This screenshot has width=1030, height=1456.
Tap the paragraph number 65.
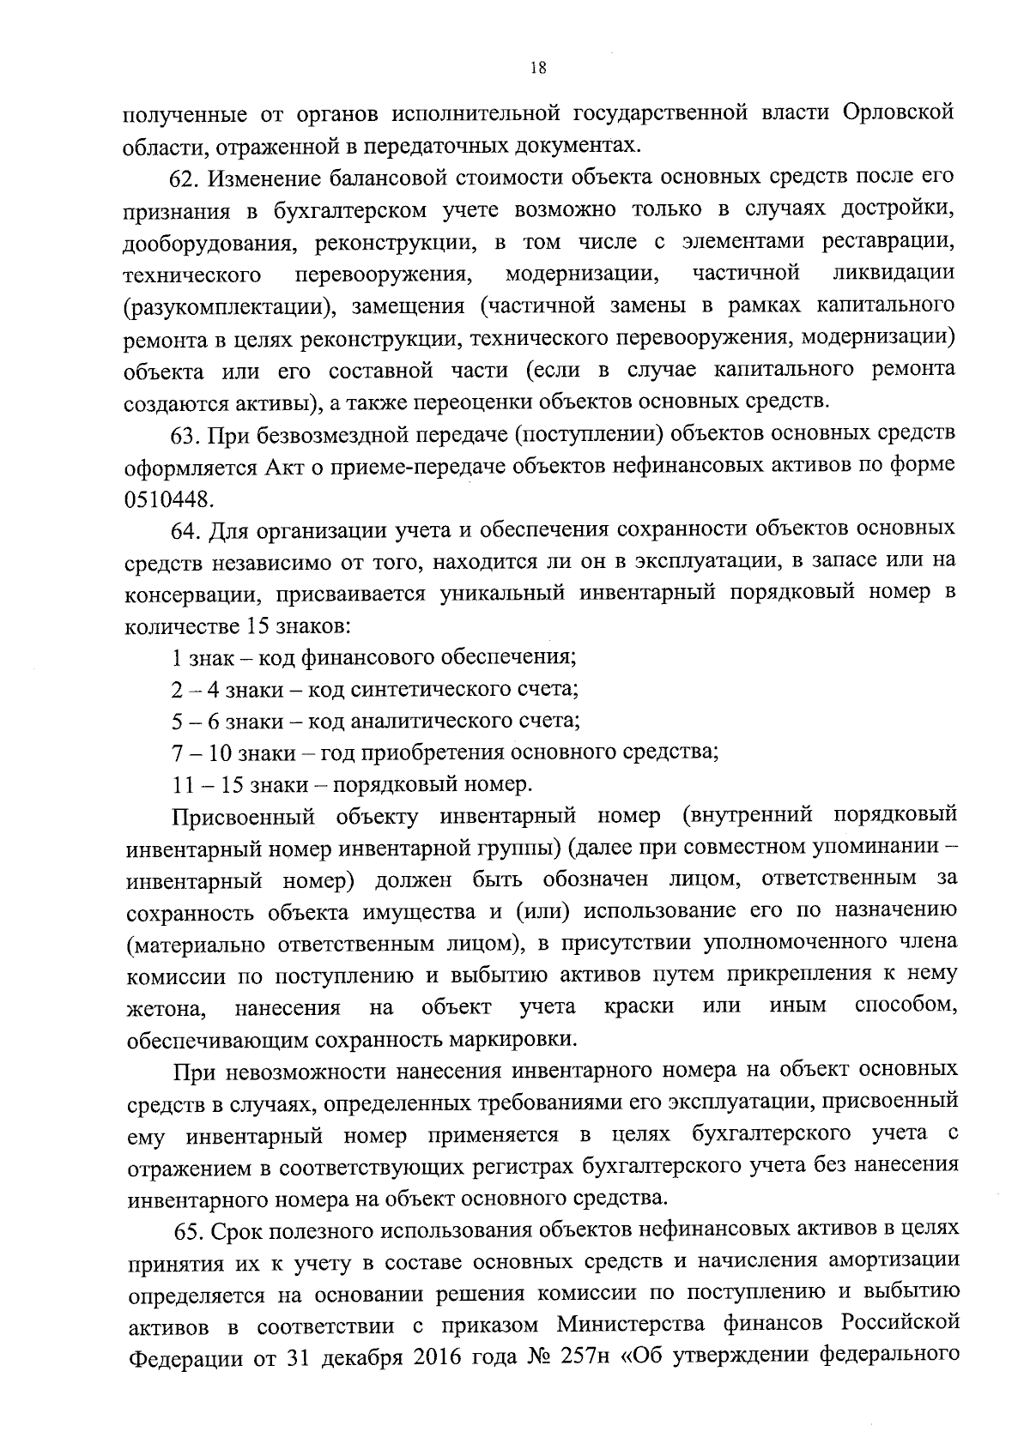coord(188,1231)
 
